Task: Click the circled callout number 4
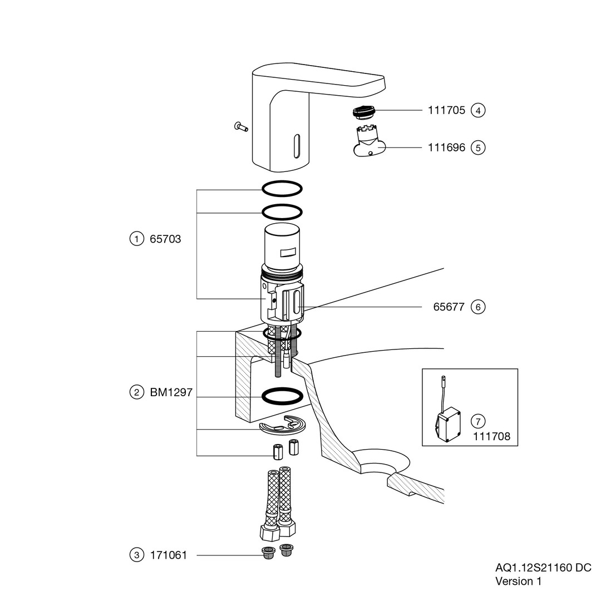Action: pos(478,110)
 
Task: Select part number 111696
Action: pos(446,148)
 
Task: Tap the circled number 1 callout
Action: pos(136,239)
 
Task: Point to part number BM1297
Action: pos(171,392)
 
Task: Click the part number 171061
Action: pos(168,555)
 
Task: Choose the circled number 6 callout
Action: pos(478,307)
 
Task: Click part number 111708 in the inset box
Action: pos(491,436)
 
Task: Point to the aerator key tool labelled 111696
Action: pos(368,144)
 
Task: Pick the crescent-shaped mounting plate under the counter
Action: pos(282,426)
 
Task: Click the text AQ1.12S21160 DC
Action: pos(543,568)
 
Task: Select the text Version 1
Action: pos(518,582)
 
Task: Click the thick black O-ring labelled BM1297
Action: pos(282,396)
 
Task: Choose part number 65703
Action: pos(165,239)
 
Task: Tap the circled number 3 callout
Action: pos(136,555)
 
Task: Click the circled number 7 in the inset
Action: pos(478,420)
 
